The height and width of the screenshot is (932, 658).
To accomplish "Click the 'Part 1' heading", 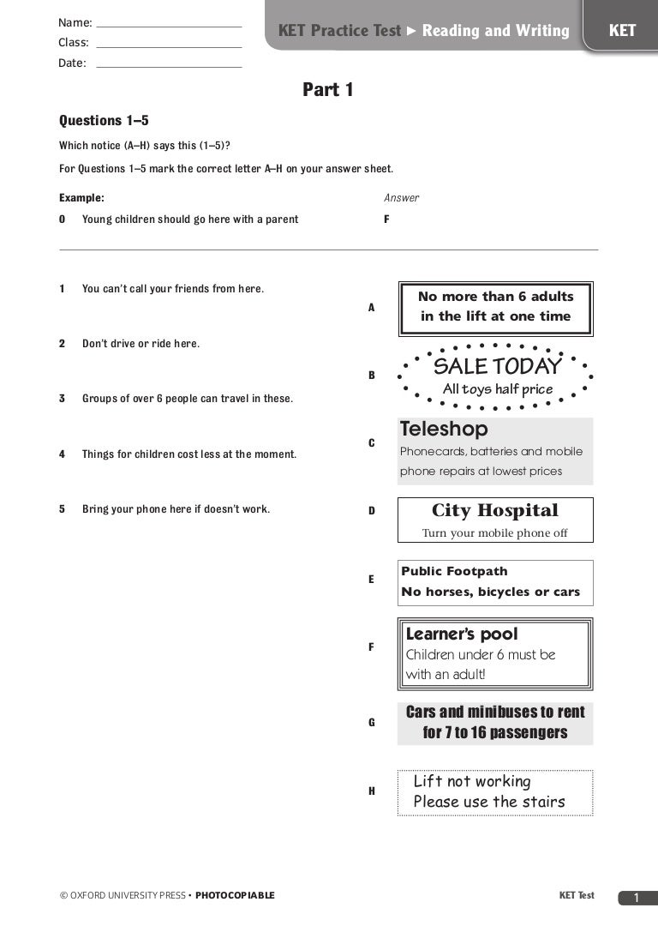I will (x=328, y=90).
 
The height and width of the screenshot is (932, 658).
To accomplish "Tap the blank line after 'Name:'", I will (x=169, y=27).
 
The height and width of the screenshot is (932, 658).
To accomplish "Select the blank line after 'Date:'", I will (x=169, y=66).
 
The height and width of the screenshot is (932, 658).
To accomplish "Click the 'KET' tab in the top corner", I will (x=622, y=31).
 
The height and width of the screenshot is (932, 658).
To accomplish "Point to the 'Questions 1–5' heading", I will (x=104, y=121).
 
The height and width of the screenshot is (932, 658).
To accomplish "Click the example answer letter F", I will (x=386, y=219).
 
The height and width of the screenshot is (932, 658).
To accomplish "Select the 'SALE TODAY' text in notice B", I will (x=497, y=367).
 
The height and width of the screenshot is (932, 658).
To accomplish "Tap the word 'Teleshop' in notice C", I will (x=444, y=429).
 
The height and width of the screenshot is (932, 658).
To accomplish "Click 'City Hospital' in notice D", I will (x=495, y=511).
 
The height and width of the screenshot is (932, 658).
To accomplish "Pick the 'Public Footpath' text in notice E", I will (x=454, y=572).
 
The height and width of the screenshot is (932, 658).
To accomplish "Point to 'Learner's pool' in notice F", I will (x=462, y=634).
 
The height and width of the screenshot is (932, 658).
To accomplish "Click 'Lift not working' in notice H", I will (x=472, y=781).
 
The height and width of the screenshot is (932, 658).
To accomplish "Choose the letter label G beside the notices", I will (x=372, y=723).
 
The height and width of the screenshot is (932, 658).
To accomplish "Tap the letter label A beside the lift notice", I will (x=372, y=307).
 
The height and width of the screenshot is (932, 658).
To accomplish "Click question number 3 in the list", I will (x=62, y=399).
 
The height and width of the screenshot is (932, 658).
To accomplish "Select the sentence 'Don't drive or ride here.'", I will (x=141, y=344).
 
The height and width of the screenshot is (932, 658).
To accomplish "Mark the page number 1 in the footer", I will (x=636, y=898).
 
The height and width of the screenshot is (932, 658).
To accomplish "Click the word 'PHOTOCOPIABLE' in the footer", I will (x=235, y=896).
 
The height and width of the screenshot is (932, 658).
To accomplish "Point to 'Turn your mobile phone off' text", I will (x=495, y=533).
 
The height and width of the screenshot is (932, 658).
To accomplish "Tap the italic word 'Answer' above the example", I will (x=401, y=198).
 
